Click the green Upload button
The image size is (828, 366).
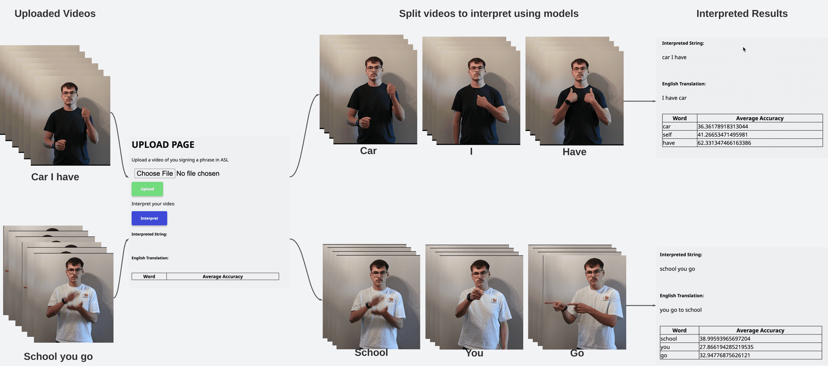tap(147, 189)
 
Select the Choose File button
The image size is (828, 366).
tap(155, 173)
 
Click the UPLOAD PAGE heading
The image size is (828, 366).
tap(163, 145)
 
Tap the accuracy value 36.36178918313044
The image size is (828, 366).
tap(723, 126)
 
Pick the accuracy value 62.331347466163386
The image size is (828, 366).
tap(724, 143)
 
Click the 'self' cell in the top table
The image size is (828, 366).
tap(667, 135)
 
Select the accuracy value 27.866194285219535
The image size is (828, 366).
tap(726, 347)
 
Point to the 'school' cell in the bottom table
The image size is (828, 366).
tap(668, 339)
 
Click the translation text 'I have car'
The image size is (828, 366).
tap(674, 98)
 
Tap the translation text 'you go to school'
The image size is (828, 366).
tap(681, 310)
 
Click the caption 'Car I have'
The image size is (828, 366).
tap(55, 177)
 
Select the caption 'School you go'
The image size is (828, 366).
tap(58, 357)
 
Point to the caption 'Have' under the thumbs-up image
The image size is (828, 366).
tap(574, 152)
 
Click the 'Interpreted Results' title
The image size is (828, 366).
tap(742, 13)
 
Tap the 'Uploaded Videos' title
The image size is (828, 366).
tap(55, 13)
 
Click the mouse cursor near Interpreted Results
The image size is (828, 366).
tap(744, 49)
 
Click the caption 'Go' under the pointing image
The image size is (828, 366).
tap(577, 353)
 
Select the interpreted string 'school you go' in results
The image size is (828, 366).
tap(677, 269)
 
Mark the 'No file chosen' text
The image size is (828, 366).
tap(198, 173)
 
